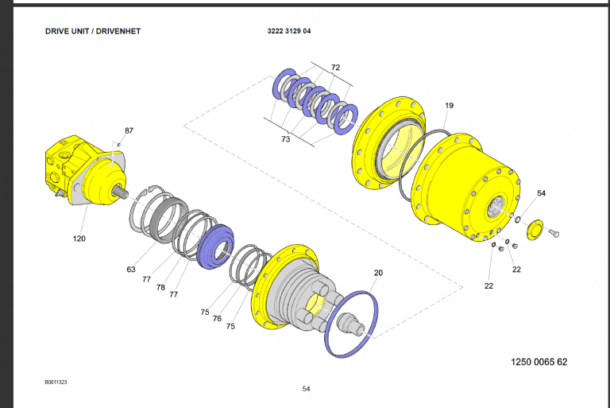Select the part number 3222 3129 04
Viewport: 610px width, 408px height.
coord(295,32)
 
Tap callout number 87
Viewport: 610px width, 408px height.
coord(129,130)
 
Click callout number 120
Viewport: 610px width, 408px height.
coord(79,239)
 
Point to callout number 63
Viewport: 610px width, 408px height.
coord(131,270)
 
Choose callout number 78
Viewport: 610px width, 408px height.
coord(161,288)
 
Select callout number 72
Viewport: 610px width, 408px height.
coord(335,68)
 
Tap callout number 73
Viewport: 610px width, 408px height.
coord(286,139)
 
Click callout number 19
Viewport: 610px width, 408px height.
coord(449,106)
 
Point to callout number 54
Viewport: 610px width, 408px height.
coord(542,193)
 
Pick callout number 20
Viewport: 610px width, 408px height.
coord(378,273)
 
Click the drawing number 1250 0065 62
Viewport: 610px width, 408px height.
coord(539,362)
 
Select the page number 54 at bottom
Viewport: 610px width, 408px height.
coord(306,389)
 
